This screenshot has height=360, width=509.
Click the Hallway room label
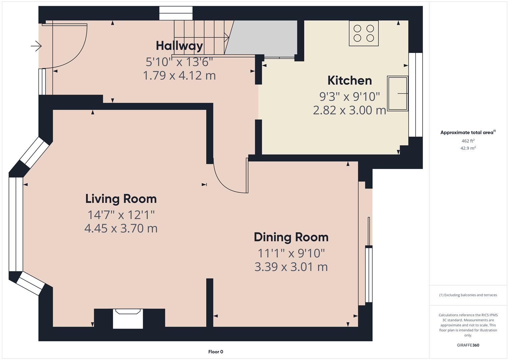click(179, 46)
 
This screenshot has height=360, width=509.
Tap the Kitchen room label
click(350, 80)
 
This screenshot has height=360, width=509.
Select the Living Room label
click(121, 199)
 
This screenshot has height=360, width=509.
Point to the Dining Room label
click(291, 237)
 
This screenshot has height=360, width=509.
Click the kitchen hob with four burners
click(364, 33)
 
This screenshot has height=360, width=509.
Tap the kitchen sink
click(397, 93)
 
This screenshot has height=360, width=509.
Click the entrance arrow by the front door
click(36, 46)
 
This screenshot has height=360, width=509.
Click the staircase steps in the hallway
click(200, 37)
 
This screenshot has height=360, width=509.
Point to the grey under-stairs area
click(263, 37)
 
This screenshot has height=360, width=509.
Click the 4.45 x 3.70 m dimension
click(121, 228)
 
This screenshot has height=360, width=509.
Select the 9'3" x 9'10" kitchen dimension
click(350, 97)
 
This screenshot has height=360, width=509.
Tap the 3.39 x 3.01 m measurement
click(291, 267)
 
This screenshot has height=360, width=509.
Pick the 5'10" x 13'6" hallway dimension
click(179, 62)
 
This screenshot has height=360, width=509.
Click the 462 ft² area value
click(468, 141)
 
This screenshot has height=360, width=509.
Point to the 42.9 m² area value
click(468, 148)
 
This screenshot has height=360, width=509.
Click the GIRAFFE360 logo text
click(468, 345)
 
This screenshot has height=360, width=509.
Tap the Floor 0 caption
click(216, 352)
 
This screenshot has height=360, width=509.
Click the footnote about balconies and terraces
click(468, 295)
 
